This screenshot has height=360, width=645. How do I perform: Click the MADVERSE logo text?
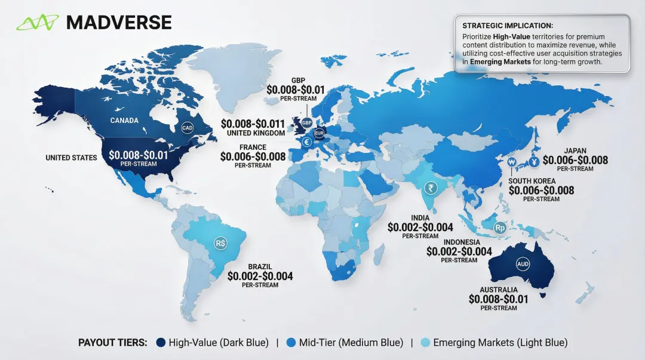[x=119, y=22]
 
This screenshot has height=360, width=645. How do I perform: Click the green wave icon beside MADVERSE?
[x=38, y=23]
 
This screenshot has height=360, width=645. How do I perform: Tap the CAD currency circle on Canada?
[x=188, y=128]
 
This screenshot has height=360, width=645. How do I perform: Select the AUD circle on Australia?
[x=523, y=263]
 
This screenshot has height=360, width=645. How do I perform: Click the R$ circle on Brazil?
[x=220, y=244]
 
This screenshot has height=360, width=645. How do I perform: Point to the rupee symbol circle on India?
[x=429, y=189]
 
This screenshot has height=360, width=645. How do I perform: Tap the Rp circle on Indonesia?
[x=500, y=227]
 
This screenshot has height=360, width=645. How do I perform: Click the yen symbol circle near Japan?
[x=533, y=162]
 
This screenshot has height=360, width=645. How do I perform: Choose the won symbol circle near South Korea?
[x=511, y=162]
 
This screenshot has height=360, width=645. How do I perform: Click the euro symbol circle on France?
[x=307, y=142]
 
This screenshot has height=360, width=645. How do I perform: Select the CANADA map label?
[x=124, y=121]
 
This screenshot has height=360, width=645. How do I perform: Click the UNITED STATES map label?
[x=71, y=158]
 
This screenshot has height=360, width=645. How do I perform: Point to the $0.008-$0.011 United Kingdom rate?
[x=253, y=124]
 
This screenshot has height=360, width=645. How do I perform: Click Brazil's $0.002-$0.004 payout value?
[x=260, y=276]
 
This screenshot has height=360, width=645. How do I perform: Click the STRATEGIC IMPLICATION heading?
[x=507, y=26]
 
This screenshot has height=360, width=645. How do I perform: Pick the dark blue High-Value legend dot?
[x=160, y=343]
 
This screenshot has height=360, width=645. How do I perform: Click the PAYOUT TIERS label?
[x=113, y=343]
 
